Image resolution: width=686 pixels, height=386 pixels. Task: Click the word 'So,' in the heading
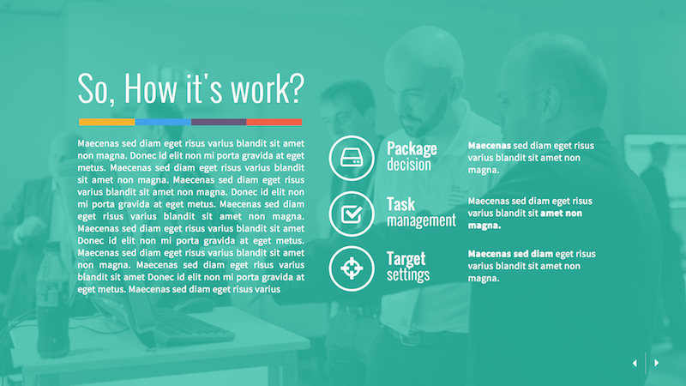(x=97, y=89)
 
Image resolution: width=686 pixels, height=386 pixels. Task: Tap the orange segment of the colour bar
(x=106, y=122)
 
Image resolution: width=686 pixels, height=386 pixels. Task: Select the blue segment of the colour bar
(x=163, y=122)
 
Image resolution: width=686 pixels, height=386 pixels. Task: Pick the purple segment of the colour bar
(x=219, y=122)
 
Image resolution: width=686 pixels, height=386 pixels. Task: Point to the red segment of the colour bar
(x=274, y=122)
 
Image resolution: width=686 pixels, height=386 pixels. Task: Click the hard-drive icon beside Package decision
(x=352, y=158)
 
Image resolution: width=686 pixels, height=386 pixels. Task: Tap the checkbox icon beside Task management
(x=352, y=213)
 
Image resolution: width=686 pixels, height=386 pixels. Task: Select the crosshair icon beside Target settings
(x=352, y=268)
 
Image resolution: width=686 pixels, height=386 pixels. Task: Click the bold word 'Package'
(x=412, y=148)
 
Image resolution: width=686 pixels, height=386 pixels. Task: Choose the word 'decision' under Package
(x=409, y=165)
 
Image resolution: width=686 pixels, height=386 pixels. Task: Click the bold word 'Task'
(x=400, y=204)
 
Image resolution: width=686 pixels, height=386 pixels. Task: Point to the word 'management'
(x=421, y=220)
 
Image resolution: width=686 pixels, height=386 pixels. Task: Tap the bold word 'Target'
(x=406, y=258)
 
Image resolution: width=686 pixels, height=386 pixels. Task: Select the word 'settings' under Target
(x=408, y=275)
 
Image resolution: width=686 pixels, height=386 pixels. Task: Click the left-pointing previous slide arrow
(x=635, y=363)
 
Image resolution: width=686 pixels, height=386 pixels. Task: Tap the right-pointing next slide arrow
(x=657, y=363)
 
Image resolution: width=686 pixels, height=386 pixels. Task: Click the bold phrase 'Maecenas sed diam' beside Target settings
(x=510, y=254)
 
